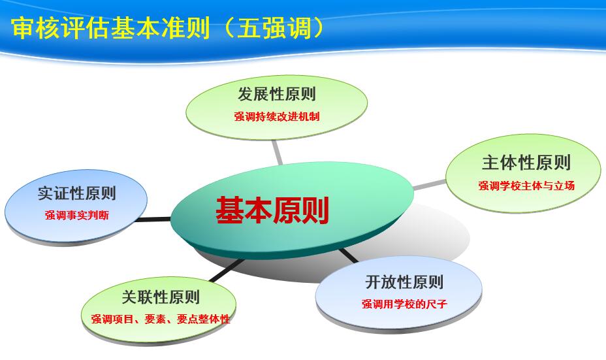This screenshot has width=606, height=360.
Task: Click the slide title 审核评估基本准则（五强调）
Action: pos(168,28)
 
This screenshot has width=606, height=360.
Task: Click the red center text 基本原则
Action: pos(272,210)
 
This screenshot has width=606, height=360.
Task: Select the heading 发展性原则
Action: pos(277,94)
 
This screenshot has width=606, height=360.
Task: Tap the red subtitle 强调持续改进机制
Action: pos(277,116)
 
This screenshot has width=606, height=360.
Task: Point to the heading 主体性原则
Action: pos(526,163)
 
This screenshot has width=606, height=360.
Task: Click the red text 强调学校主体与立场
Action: pos(526,186)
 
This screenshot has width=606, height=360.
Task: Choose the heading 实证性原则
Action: pos(77,193)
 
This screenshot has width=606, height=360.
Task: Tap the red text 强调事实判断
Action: pos(77,215)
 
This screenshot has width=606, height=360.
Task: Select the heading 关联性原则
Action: pos(161,297)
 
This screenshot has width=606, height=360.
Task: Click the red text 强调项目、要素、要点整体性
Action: pos(161,319)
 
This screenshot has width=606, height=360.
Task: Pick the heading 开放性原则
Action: pos(404,282)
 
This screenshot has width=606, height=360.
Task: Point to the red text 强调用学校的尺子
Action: pos(404,304)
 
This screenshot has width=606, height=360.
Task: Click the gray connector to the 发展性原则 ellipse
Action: pos(277,152)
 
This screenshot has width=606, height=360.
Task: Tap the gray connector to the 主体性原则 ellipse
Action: pos(430,185)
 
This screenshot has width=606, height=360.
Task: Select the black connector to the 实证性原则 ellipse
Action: pos(153,220)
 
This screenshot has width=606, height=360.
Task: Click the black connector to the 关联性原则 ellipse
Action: pos(227,270)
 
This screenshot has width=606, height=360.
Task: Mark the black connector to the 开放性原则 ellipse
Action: pos(349,255)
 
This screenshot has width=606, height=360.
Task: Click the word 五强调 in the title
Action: pos(274,28)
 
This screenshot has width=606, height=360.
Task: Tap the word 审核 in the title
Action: pos(35,28)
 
